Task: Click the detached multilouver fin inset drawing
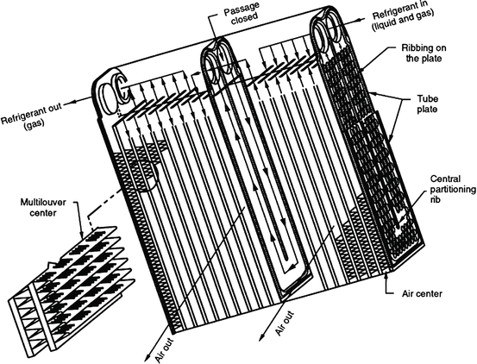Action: click(69, 276)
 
